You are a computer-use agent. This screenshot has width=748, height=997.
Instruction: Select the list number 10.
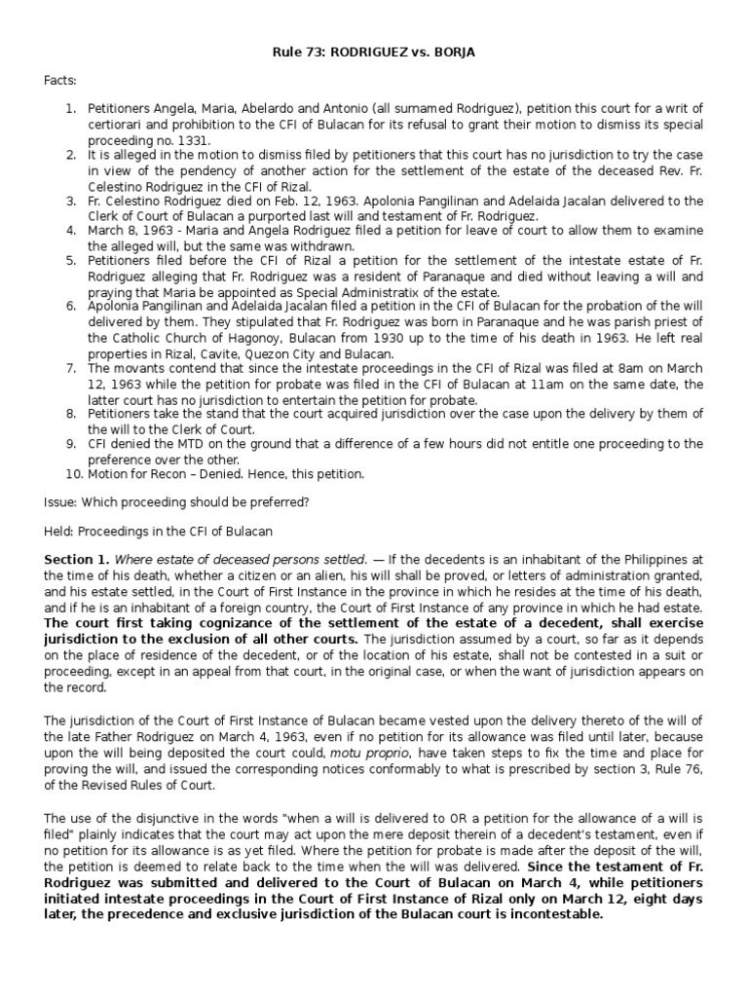click(74, 474)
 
